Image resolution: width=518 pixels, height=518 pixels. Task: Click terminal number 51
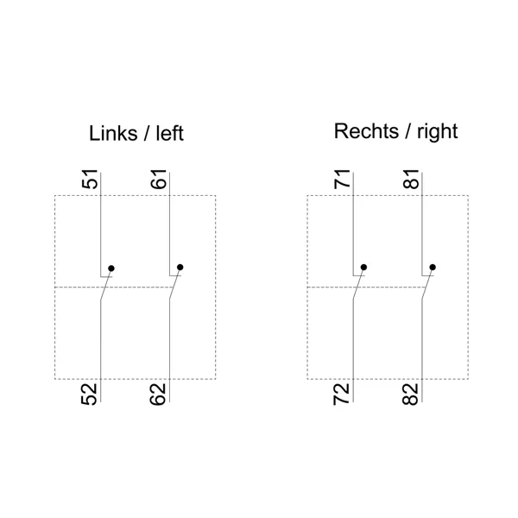(x=90, y=179)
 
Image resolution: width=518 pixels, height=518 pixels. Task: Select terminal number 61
(x=159, y=179)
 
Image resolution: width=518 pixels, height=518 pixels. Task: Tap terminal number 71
(x=342, y=179)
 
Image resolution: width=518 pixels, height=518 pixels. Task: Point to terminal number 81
(x=411, y=179)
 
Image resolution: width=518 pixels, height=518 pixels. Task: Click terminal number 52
(x=89, y=394)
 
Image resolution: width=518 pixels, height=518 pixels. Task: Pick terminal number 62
(x=158, y=394)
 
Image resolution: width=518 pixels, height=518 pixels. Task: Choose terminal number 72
(x=342, y=394)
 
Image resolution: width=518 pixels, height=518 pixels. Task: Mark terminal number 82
(x=411, y=394)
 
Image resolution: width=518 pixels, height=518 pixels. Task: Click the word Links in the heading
(x=113, y=134)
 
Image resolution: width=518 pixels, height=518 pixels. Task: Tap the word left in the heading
(x=170, y=134)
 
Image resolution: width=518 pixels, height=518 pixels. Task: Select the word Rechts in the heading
(x=366, y=131)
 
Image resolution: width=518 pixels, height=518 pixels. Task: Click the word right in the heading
(x=438, y=132)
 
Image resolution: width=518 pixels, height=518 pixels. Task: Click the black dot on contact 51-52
(x=111, y=268)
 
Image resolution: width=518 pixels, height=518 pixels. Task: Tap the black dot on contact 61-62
(x=180, y=267)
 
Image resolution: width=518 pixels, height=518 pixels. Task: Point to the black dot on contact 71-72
(x=363, y=267)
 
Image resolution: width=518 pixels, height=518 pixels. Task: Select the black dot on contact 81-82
(x=433, y=267)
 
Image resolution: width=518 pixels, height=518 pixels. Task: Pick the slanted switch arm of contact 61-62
(x=174, y=283)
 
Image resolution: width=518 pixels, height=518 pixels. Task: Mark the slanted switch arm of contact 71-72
(x=358, y=283)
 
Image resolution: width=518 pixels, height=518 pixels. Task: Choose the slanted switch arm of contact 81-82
(x=427, y=283)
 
